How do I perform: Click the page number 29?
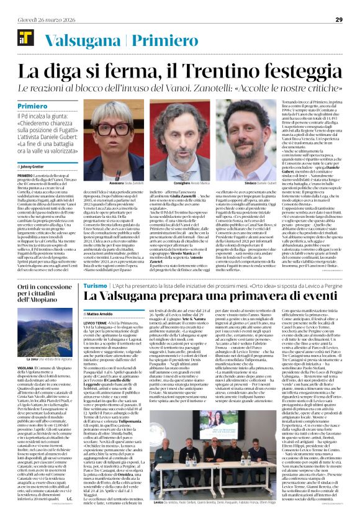click(339, 19)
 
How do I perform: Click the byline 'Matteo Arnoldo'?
click(99, 315)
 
